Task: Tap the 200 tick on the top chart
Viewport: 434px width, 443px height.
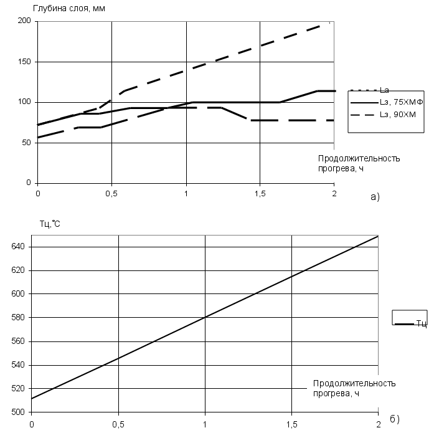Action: point(24,21)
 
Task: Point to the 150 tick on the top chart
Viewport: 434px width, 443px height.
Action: point(24,62)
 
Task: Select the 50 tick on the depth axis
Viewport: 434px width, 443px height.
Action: point(26,143)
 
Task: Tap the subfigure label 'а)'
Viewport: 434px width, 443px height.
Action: point(375,196)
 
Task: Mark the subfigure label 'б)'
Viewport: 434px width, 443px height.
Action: point(394,419)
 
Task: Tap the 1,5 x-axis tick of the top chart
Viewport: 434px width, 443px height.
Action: point(260,193)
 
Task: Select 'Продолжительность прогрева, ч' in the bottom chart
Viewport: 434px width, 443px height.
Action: point(354,388)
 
